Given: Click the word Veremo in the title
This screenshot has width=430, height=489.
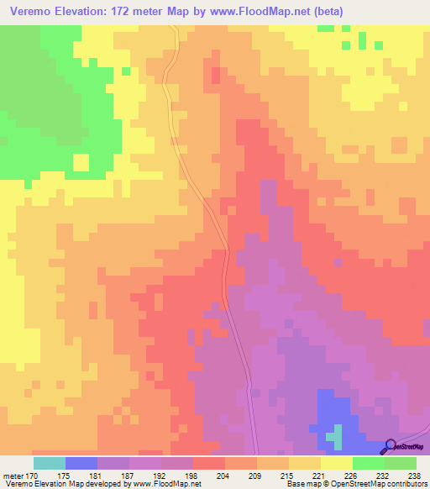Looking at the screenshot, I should click(x=31, y=12).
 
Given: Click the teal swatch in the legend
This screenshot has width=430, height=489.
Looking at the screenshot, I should click(x=50, y=463).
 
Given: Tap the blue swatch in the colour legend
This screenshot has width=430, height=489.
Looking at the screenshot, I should click(x=81, y=463).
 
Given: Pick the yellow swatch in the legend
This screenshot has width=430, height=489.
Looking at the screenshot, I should click(x=337, y=463).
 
